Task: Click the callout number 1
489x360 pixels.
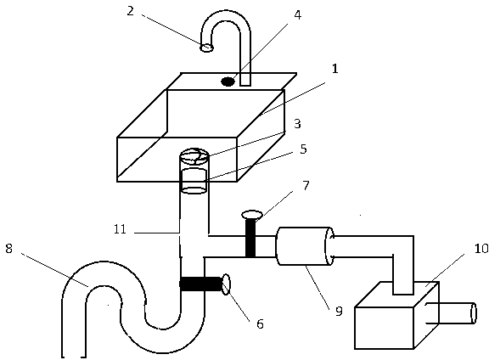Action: tap(334, 69)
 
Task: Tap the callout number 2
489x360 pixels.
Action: tap(131, 11)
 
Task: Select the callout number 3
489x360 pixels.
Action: tap(297, 124)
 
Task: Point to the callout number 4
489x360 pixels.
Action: tap(298, 15)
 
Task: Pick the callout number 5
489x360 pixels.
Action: tap(303, 149)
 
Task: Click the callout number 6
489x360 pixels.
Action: tap(260, 324)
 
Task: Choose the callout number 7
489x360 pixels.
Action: tap(306, 186)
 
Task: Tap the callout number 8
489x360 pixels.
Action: tap(8, 249)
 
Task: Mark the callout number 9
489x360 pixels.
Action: tap(339, 312)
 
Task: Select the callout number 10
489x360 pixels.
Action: tap(481, 249)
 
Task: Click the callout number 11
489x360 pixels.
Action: tap(120, 229)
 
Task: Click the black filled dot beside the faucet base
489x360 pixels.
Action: tap(228, 82)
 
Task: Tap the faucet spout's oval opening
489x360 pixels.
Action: tap(206, 48)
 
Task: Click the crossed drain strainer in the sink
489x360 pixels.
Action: tap(194, 156)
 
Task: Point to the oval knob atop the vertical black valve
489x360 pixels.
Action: tap(252, 214)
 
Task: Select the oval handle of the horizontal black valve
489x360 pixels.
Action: tap(226, 284)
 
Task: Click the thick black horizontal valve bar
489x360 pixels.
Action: tap(201, 284)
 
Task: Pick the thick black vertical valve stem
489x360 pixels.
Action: tap(250, 238)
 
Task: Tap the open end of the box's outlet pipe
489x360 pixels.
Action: tap(474, 313)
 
